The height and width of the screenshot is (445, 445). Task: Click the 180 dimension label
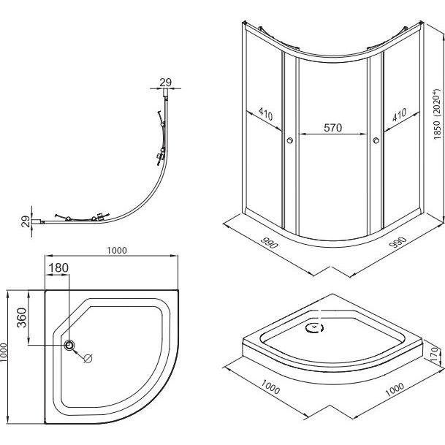tap(58, 267)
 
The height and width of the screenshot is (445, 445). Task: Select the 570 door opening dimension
tap(333, 127)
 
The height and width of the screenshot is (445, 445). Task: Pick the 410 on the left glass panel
tap(265, 114)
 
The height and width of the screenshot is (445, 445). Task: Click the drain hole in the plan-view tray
tap(70, 346)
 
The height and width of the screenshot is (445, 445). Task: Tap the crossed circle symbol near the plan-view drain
tap(88, 358)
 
